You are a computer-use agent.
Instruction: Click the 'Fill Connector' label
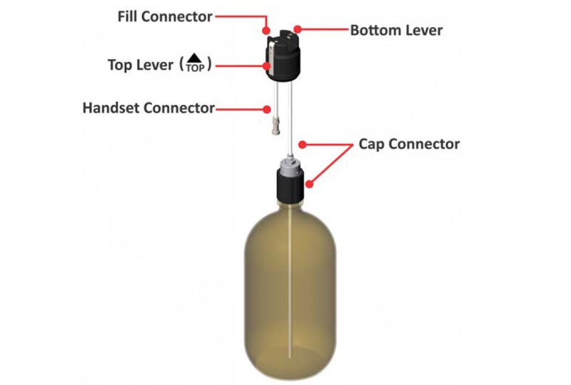[x=165, y=16]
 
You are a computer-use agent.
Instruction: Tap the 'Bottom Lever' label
[x=396, y=31]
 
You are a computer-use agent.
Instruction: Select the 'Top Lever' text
[x=140, y=65]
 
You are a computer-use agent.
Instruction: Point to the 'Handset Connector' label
[x=148, y=108]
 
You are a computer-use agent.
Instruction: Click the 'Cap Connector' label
[x=409, y=144]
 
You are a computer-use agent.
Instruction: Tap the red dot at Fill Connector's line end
[x=266, y=31]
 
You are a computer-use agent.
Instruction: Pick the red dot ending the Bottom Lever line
[x=298, y=31]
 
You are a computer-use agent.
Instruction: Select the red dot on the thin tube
[x=302, y=145]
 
